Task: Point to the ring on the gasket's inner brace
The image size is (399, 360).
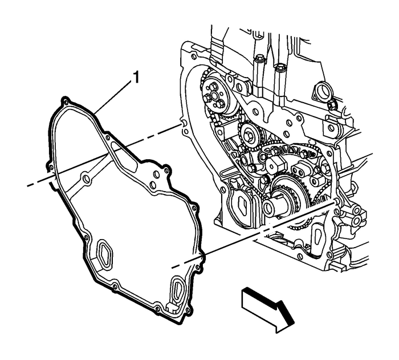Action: pyautogui.click(x=86, y=180)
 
